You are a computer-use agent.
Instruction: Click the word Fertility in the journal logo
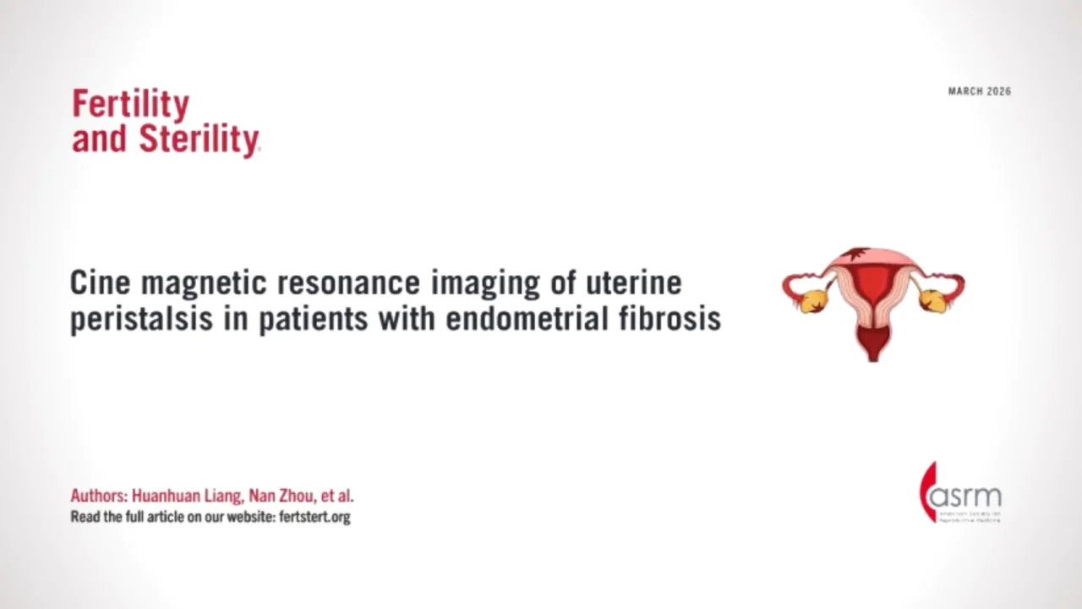(130, 105)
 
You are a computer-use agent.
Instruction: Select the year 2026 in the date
(998, 91)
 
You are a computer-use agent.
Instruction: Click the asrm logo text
(965, 495)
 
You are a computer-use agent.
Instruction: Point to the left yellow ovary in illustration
(814, 299)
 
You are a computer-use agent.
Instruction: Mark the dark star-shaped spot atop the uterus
(857, 255)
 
